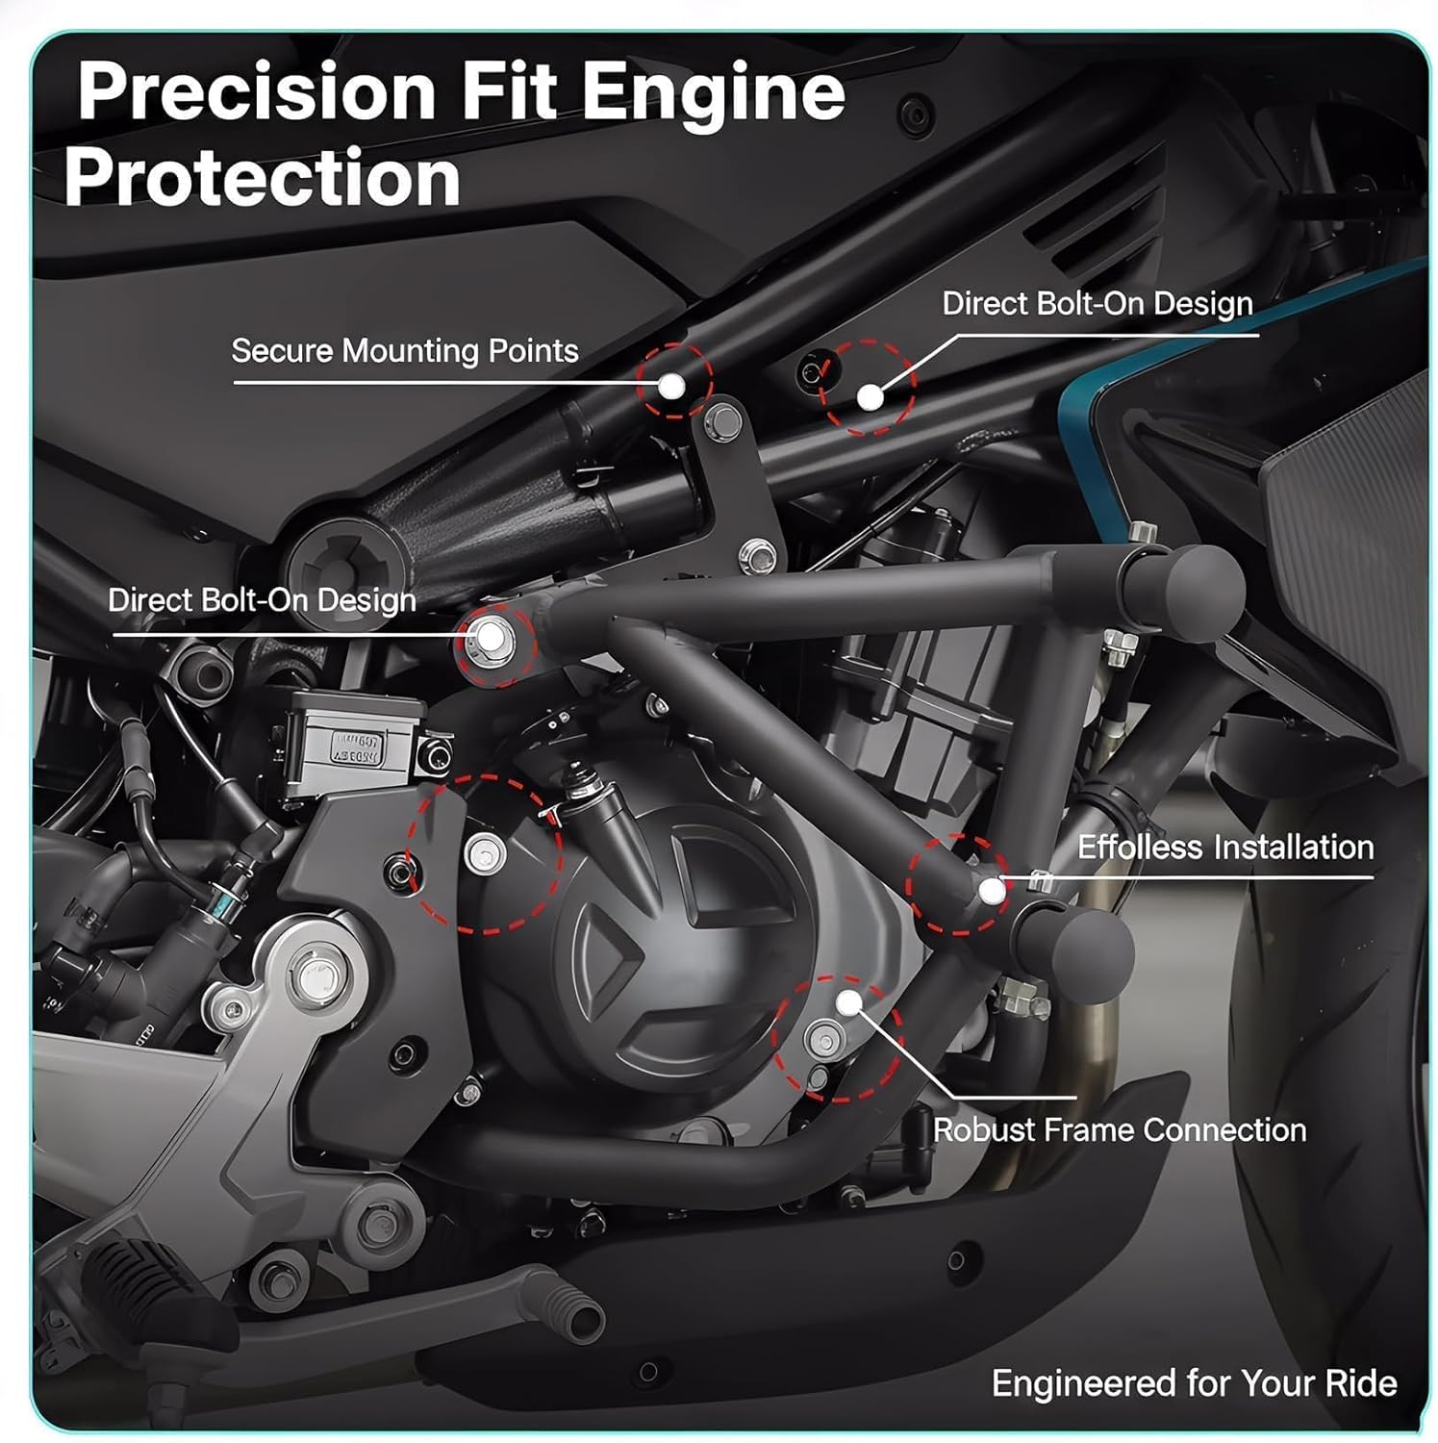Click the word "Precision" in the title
(x=257, y=91)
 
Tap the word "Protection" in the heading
(x=263, y=180)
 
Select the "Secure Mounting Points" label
(x=405, y=351)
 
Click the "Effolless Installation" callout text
(x=1224, y=848)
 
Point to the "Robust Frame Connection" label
(x=1120, y=1129)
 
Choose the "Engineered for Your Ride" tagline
(x=1194, y=1383)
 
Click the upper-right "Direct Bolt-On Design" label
(x=1097, y=304)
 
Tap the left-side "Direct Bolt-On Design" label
(x=262, y=600)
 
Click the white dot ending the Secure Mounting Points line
(x=672, y=386)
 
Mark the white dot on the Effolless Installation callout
(x=992, y=891)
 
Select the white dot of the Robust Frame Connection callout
(x=848, y=1003)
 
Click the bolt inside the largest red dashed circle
(x=483, y=852)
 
